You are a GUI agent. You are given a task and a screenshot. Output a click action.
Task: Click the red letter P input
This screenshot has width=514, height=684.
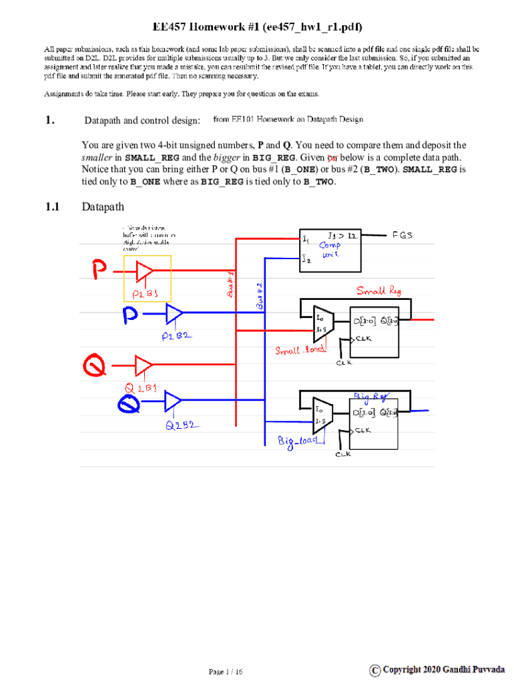98,271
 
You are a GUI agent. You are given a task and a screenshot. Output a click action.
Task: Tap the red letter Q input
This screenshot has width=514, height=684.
93,365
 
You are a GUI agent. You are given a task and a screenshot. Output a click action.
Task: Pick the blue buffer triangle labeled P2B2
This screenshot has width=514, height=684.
174,313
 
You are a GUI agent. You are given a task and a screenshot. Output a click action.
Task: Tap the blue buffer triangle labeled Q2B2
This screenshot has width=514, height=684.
173,401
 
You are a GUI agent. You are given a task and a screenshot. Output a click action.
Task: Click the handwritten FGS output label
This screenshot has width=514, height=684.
403,235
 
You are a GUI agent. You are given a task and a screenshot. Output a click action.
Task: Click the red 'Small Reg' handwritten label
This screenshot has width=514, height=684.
379,291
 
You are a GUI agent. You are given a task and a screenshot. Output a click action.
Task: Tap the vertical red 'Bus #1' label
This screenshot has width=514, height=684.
228,285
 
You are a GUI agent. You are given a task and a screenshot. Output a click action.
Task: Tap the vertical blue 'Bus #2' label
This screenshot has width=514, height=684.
260,295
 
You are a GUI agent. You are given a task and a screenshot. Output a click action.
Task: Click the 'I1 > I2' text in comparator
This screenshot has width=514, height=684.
344,236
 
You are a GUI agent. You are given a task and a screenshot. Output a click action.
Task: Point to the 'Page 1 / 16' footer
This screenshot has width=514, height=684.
225,671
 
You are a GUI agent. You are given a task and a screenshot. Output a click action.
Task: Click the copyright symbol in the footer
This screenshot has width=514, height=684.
376,669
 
